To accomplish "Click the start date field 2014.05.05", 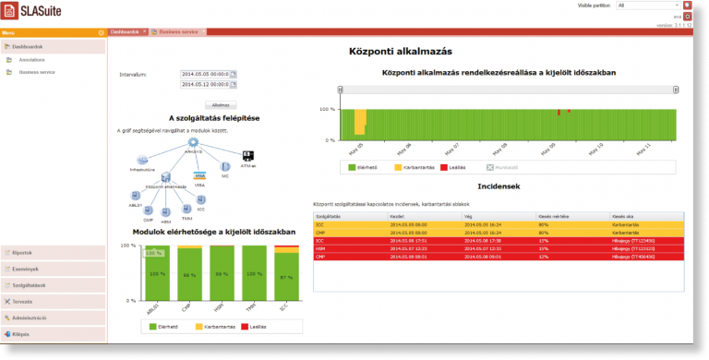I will pos(204,73).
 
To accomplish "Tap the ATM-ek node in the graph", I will pos(247,157).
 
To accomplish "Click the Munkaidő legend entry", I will pos(502,168).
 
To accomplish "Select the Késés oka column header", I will pos(624,216).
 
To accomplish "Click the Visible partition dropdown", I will pos(646,5).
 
